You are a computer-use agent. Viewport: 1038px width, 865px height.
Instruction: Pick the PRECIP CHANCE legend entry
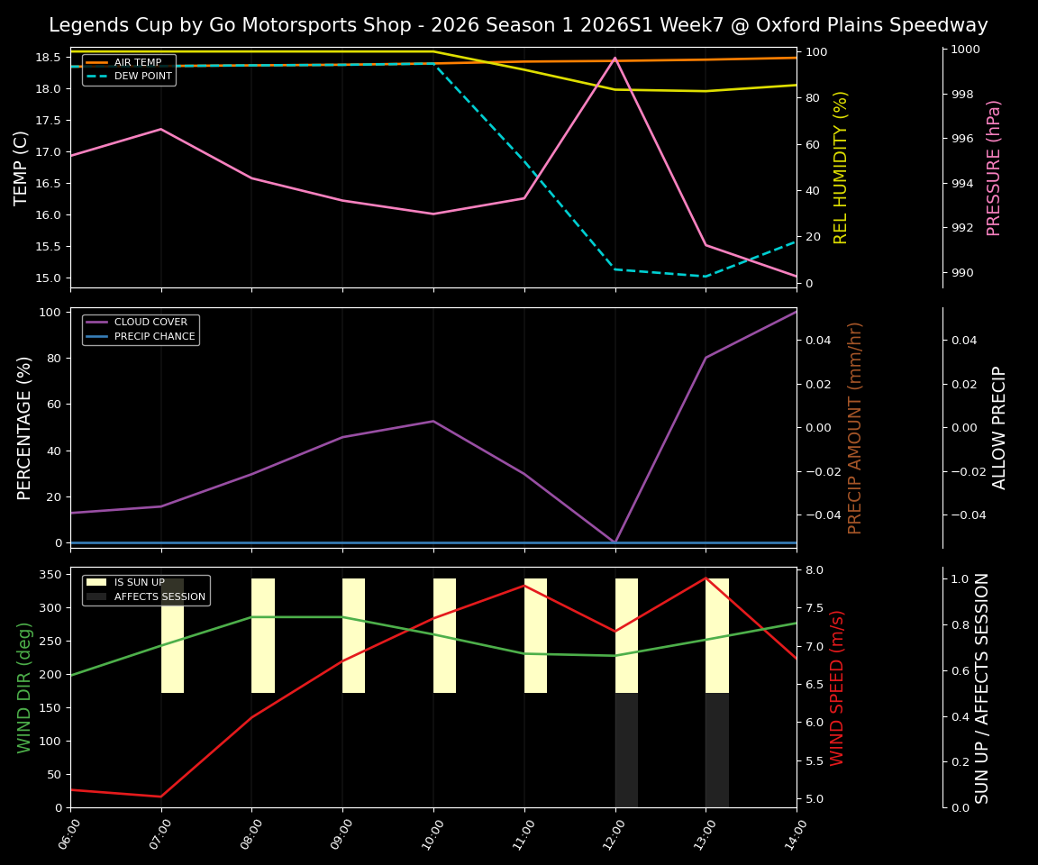click(x=154, y=336)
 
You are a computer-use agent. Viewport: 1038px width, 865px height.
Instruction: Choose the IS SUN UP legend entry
click(x=139, y=583)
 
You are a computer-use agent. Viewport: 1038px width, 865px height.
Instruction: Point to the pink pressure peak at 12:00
click(x=615, y=58)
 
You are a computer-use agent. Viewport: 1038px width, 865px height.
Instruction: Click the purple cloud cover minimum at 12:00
click(x=615, y=542)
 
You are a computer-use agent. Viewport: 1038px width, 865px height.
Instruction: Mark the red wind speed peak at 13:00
click(x=706, y=578)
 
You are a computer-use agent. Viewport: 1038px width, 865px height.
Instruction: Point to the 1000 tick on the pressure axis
click(x=966, y=50)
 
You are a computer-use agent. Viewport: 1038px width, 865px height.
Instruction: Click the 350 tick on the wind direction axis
click(x=50, y=574)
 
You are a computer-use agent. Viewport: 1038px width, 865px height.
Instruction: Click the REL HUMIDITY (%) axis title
click(x=842, y=168)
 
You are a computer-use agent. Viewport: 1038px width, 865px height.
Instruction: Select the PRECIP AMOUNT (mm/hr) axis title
click(x=856, y=428)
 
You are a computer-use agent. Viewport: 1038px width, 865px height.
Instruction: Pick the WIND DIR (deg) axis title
click(x=24, y=687)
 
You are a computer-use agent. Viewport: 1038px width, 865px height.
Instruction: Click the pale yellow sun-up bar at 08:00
click(x=262, y=635)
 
